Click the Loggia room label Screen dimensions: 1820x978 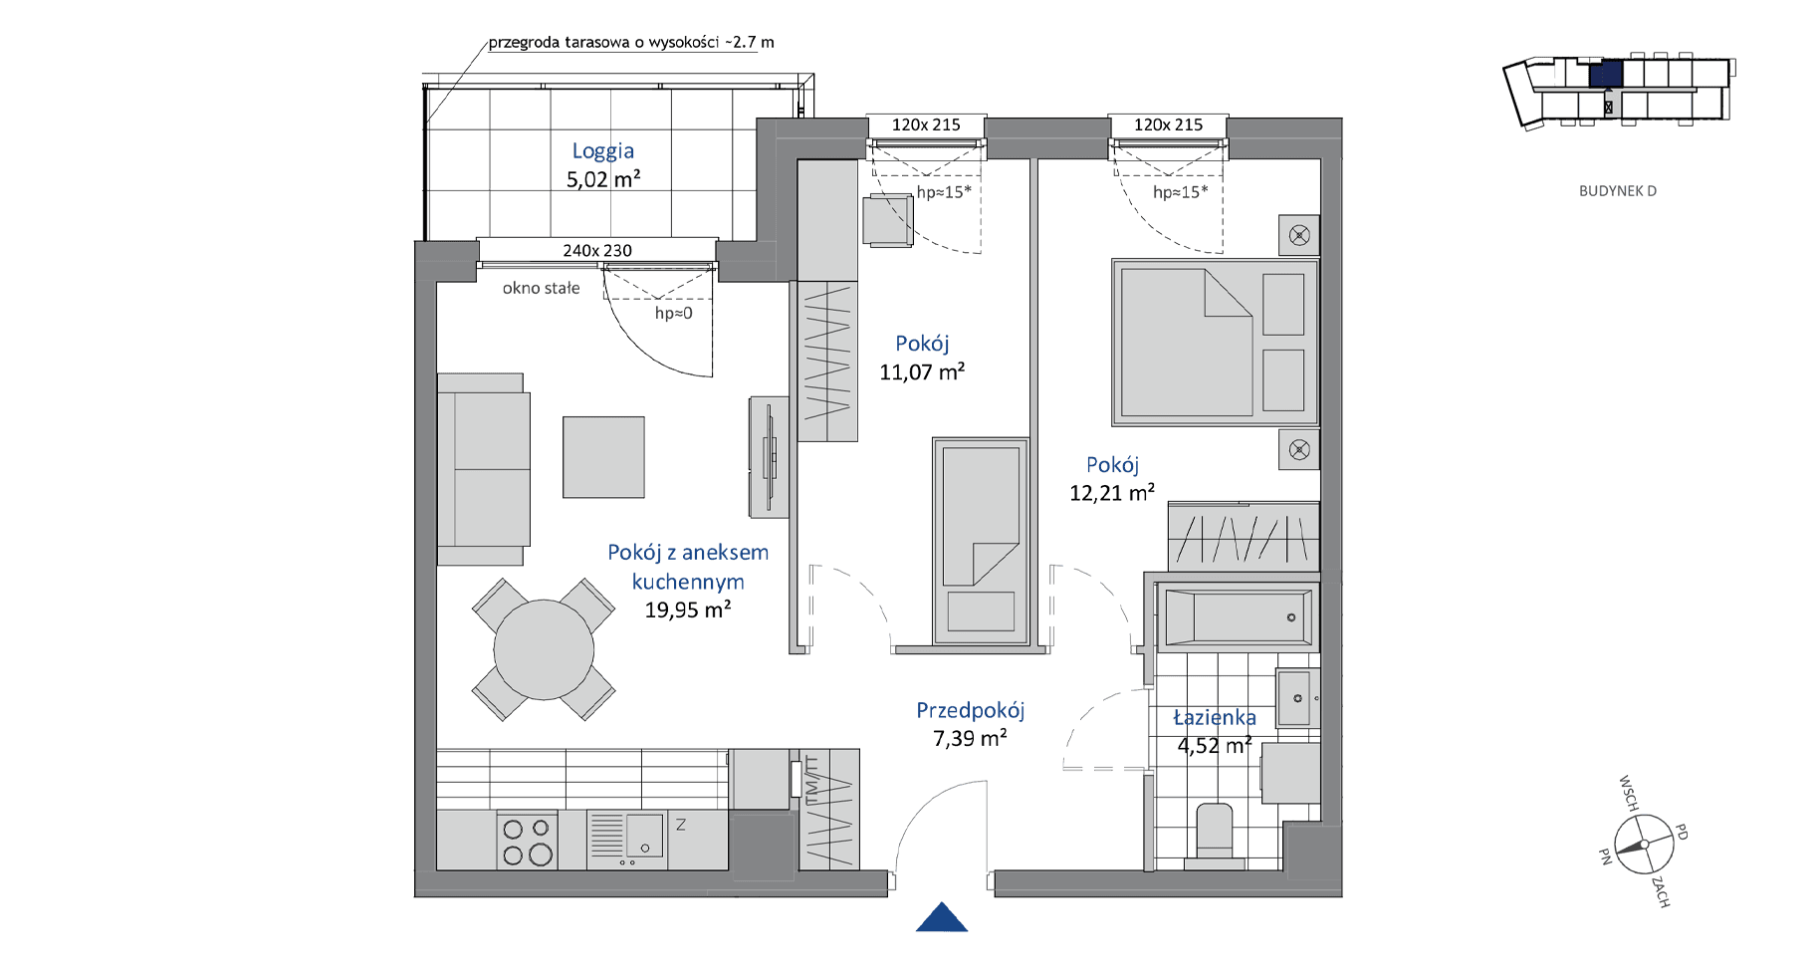click(x=602, y=151)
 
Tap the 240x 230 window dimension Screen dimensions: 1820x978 click(x=597, y=251)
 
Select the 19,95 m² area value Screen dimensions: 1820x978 click(x=688, y=610)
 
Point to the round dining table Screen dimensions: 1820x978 click(x=544, y=649)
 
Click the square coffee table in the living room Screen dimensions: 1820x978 click(x=603, y=457)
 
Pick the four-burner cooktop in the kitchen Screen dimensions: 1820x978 click(x=527, y=841)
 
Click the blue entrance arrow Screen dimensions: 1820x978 click(x=942, y=917)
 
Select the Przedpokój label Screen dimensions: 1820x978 click(x=971, y=710)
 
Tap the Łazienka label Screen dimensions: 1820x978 click(x=1215, y=717)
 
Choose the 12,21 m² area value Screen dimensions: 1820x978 click(x=1112, y=493)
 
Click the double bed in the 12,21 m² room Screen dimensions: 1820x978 click(x=1216, y=343)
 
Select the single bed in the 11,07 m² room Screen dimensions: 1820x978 click(x=981, y=541)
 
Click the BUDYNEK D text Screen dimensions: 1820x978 click(x=1618, y=191)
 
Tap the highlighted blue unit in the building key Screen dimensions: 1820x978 click(x=1606, y=74)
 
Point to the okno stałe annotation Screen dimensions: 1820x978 click(x=541, y=289)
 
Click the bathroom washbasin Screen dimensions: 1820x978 click(x=1298, y=698)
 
